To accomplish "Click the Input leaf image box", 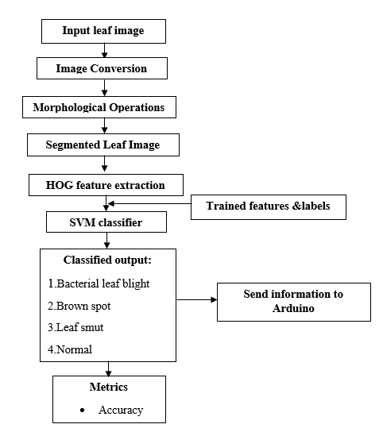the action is point(103,31).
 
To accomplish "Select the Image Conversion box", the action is point(102,68).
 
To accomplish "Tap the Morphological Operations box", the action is point(99,107).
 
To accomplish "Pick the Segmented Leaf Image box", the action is point(103,145).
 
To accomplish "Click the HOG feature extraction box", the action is point(106,185).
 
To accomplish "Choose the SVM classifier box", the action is point(106,222).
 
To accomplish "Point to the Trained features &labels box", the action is point(269,207).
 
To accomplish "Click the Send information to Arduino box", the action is point(294,302).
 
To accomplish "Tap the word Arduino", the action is point(293,308).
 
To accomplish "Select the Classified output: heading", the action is point(107,260).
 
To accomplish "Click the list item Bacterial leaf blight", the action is point(99,283).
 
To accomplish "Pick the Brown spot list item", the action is point(79,306).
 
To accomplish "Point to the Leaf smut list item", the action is point(75,327).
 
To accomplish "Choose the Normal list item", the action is point(70,349).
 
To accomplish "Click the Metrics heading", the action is point(108,387).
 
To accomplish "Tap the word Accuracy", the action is point(121,410).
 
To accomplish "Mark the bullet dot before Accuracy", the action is point(82,410).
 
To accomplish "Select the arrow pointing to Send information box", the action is point(197,299).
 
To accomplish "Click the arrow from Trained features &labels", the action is point(150,203).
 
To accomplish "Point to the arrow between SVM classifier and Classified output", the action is point(106,241).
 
